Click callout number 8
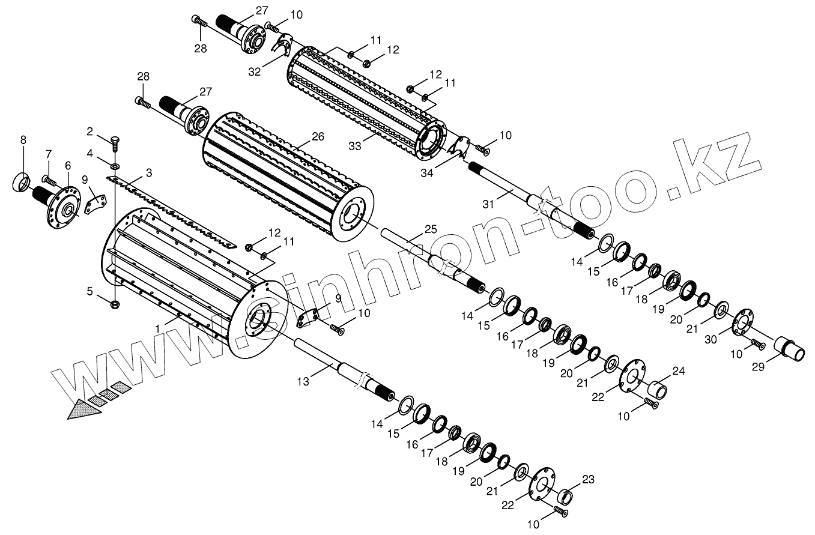23,140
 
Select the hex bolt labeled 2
115,143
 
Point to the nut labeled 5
115,304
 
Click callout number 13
303,381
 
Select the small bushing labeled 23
566,497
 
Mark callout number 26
318,136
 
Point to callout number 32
255,71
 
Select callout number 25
430,229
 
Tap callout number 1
158,329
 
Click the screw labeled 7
48,180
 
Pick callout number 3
148,172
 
